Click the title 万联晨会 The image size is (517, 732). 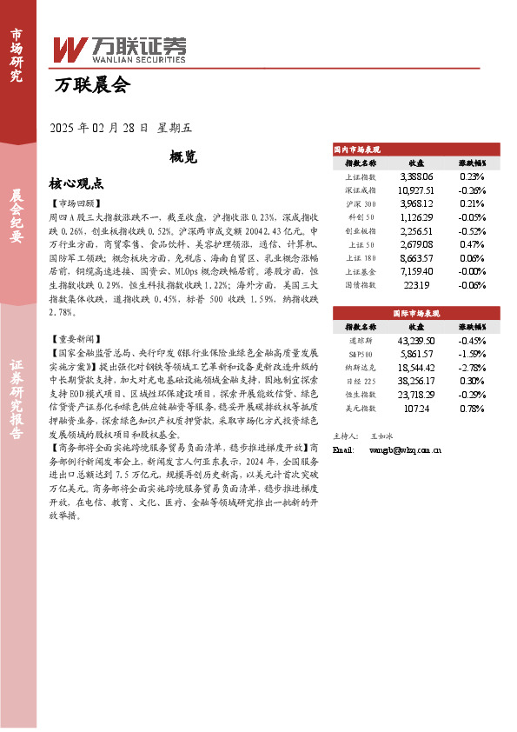[x=91, y=85]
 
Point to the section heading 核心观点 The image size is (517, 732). [x=76, y=184]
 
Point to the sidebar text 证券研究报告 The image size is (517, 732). [x=17, y=406]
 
